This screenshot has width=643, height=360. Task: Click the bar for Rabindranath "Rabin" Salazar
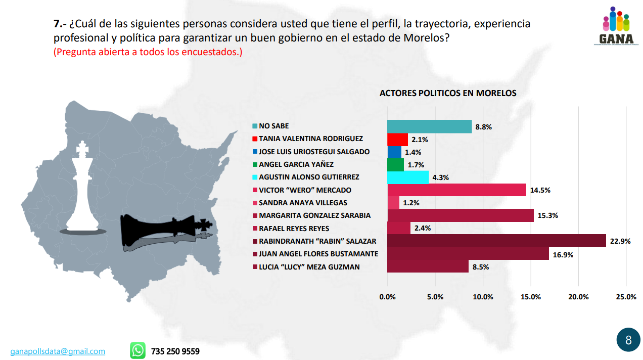496,241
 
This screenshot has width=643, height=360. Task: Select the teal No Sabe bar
429,126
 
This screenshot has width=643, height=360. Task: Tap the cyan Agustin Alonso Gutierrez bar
408,177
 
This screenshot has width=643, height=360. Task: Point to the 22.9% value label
620,241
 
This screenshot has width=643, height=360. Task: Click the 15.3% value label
548,216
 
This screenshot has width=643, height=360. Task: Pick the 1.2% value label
411,203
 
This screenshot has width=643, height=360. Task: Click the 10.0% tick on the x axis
483,297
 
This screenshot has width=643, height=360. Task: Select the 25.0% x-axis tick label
626,297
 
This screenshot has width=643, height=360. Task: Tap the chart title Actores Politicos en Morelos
448,93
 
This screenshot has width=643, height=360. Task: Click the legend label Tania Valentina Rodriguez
311,139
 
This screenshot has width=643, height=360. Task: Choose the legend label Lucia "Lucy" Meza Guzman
309,266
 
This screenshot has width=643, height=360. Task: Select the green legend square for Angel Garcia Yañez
255,164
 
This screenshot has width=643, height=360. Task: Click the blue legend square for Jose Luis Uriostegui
255,152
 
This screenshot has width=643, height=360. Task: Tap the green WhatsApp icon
137,350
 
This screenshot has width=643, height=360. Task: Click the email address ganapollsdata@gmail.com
58,351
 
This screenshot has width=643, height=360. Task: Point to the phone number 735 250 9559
175,351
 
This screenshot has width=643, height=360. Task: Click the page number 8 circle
628,340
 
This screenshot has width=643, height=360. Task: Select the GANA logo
616,26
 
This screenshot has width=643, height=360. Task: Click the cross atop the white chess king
82,148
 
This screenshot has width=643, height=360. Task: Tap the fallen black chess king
164,232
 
